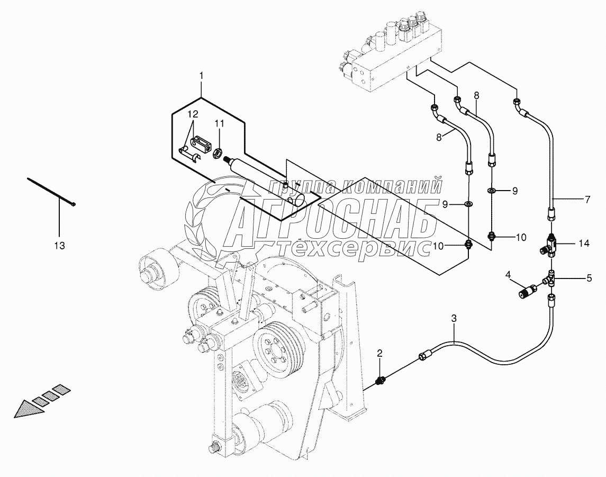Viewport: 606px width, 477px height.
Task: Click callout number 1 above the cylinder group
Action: (x=201, y=76)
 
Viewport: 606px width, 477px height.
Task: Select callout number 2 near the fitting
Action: (x=379, y=353)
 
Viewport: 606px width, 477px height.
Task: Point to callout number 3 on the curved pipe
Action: (x=454, y=318)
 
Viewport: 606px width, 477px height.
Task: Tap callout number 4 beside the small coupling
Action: (x=508, y=274)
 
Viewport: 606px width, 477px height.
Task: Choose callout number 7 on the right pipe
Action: (x=587, y=200)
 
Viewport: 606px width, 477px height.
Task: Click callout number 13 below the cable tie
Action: (x=59, y=245)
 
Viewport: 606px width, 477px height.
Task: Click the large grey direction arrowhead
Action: (x=26, y=410)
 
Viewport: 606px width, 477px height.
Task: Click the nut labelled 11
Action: (x=216, y=154)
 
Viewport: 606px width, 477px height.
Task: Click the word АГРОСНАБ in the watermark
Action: (x=333, y=220)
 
